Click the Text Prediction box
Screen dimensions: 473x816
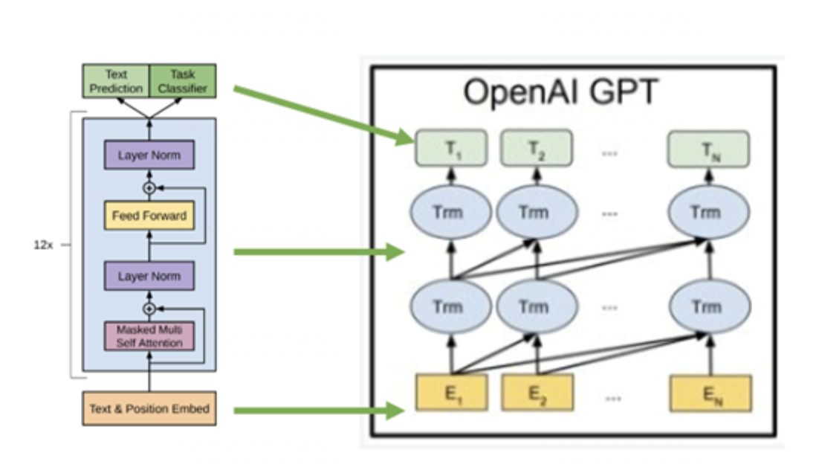click(116, 81)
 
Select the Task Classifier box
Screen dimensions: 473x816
click(183, 81)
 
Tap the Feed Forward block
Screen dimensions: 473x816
click(149, 216)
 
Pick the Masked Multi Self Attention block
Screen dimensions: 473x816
click(149, 336)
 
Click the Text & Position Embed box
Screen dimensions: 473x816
click(149, 408)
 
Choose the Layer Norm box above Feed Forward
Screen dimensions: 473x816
click(149, 156)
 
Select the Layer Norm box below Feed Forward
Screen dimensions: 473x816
click(149, 276)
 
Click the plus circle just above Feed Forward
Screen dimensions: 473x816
click(149, 188)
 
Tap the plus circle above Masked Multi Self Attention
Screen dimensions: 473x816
click(149, 308)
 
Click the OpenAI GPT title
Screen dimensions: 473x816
click(560, 93)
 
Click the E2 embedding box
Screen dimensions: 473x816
click(537, 393)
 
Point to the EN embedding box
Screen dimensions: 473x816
click(710, 393)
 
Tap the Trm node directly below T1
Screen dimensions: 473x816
click(450, 213)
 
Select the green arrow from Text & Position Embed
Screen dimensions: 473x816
click(320, 409)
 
